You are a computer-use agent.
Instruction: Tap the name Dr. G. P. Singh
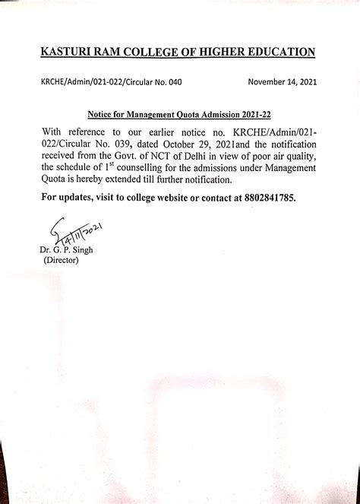coord(65,249)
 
